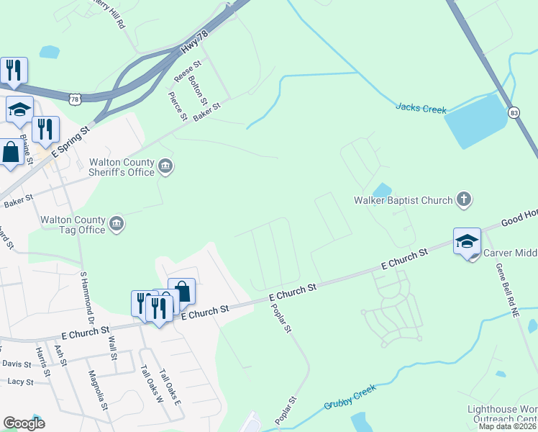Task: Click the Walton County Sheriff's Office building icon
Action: [x=166, y=167]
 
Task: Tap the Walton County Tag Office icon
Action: [x=117, y=225]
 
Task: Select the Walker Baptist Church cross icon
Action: [x=464, y=199]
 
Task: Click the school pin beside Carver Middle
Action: [x=466, y=242]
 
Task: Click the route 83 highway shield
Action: [x=513, y=113]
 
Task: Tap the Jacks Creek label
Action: [x=421, y=109]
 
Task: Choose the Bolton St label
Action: [x=198, y=90]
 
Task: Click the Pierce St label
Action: [x=178, y=106]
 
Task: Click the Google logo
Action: [x=23, y=423]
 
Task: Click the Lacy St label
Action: [x=19, y=382]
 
